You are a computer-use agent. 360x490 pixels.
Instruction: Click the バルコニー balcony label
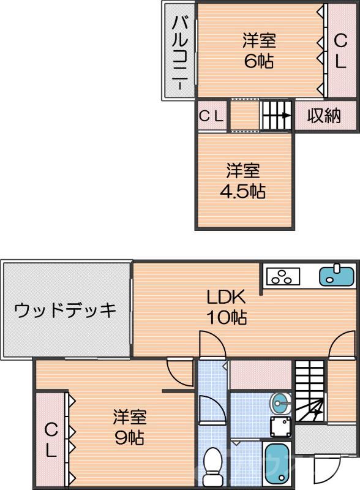pyautogui.click(x=180, y=51)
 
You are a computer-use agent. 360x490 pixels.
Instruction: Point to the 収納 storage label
pyautogui.click(x=323, y=116)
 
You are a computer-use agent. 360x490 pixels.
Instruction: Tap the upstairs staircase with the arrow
pyautogui.click(x=277, y=115)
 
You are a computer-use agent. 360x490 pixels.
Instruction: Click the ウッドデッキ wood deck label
pyautogui.click(x=66, y=310)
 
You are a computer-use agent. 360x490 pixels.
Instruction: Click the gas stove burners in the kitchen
pyautogui.click(x=282, y=277)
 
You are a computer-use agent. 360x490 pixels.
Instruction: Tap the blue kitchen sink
pyautogui.click(x=337, y=275)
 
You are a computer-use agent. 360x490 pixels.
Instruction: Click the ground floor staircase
pyautogui.click(x=310, y=392)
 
